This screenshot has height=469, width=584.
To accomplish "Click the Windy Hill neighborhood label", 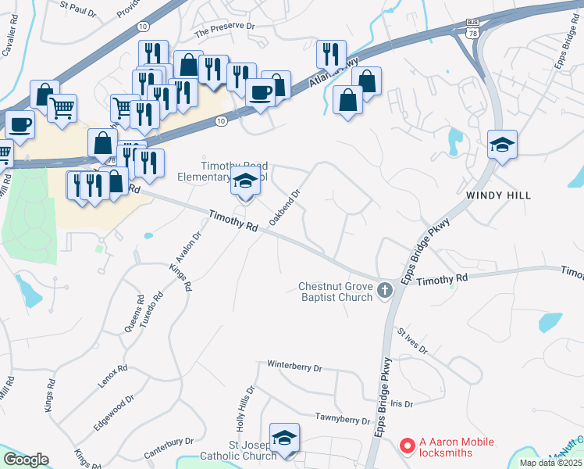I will [x=498, y=195].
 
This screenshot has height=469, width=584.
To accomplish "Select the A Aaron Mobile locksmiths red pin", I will [x=406, y=446].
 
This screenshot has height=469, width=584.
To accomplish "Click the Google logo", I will [x=26, y=460].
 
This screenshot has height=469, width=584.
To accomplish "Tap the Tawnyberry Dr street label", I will [x=342, y=419].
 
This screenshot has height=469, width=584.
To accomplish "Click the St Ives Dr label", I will [x=412, y=342].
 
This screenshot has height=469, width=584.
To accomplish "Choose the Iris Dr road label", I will [x=401, y=403].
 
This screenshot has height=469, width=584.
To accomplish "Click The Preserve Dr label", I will [x=225, y=30].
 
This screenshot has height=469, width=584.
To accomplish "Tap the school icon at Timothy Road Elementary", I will [x=245, y=184].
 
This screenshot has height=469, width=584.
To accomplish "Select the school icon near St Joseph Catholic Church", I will [x=284, y=438].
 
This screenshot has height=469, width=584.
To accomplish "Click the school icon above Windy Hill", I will [x=502, y=145].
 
